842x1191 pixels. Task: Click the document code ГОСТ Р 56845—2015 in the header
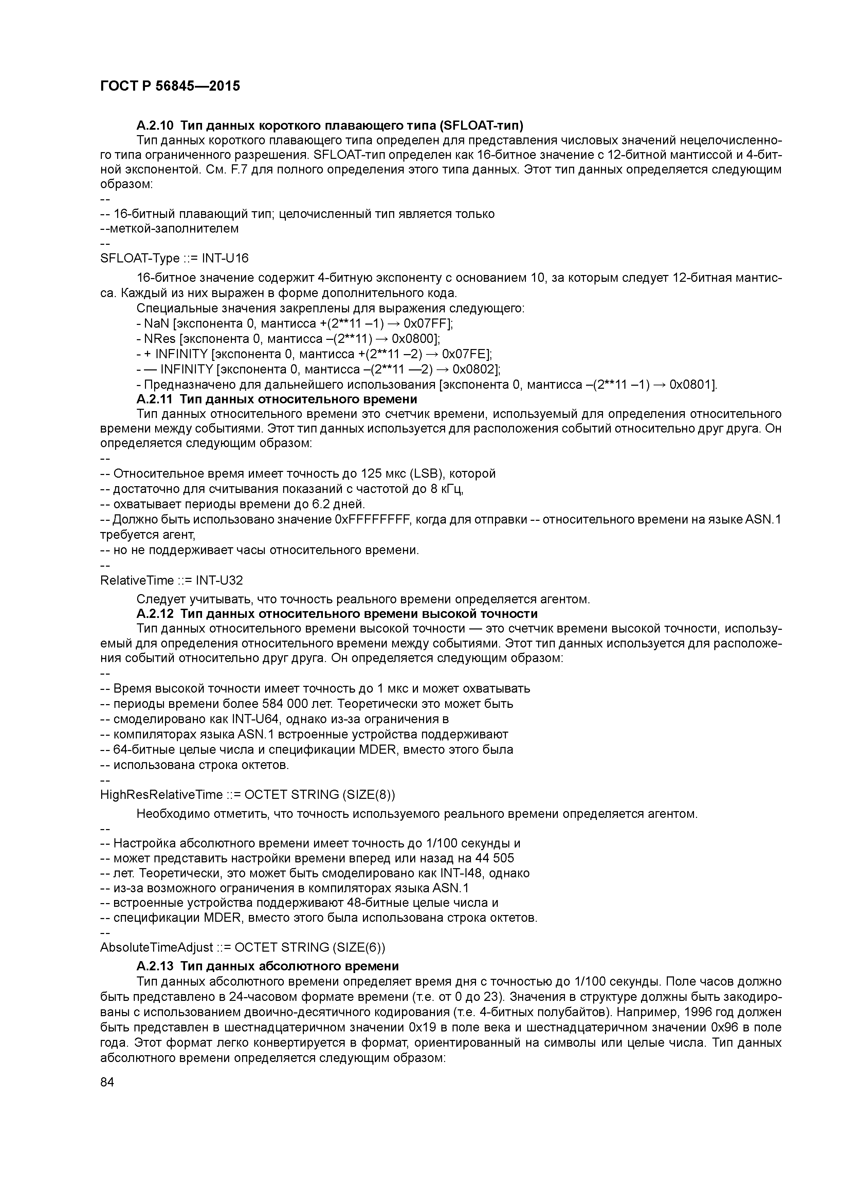[170, 86]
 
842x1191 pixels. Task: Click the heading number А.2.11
[154, 399]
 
